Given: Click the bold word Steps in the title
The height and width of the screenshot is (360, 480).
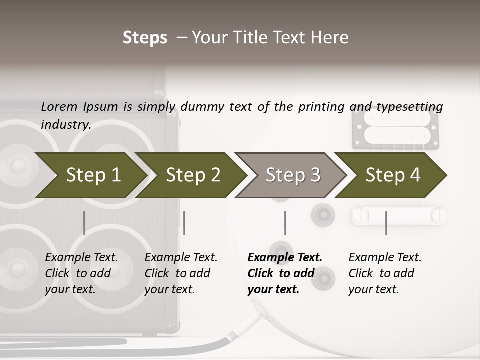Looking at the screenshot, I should (145, 38).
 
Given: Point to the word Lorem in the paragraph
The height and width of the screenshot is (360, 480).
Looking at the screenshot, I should (59, 106).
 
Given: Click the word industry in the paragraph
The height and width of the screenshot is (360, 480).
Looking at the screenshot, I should (65, 125).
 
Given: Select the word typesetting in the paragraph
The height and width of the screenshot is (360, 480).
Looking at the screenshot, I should (409, 107).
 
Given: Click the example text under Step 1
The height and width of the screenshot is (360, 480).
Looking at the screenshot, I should (81, 273).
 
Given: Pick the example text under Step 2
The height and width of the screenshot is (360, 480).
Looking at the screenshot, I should (181, 273).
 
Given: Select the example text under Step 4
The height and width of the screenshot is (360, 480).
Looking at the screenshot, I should (385, 273).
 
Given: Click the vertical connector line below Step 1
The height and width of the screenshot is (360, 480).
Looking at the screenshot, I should (84, 223).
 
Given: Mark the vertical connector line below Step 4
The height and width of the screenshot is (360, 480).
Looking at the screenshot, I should (386, 223).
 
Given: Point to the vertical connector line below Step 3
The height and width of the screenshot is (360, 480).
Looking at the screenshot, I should (285, 223).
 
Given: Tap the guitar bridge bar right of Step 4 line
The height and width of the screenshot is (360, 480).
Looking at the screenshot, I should (400, 215).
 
